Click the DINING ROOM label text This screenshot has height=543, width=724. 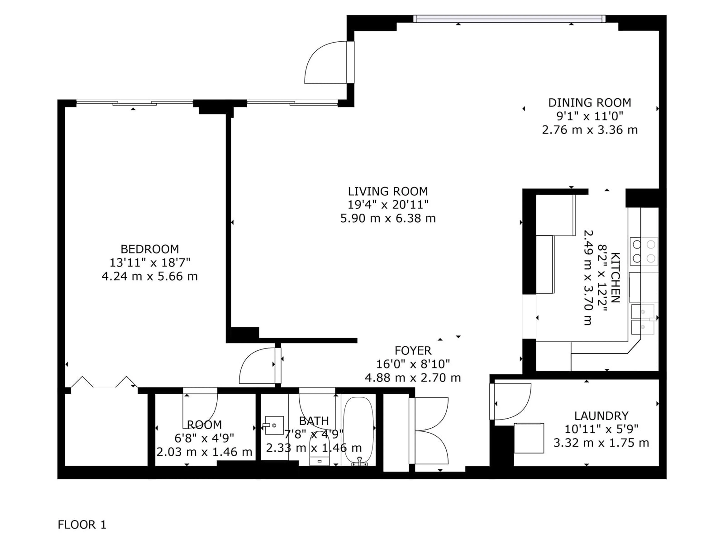[590, 103]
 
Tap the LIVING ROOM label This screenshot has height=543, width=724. [388, 191]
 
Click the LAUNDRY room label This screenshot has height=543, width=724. [601, 416]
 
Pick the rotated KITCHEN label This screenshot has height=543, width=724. [615, 278]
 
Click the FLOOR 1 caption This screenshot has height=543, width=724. [82, 525]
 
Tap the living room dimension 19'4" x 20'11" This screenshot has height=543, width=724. [388, 205]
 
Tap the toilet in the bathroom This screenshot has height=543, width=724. [319, 448]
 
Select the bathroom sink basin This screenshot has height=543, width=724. [274, 425]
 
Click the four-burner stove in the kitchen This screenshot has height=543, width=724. [643, 251]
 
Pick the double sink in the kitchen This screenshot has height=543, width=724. [643, 319]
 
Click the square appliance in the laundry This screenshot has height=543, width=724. [529, 438]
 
